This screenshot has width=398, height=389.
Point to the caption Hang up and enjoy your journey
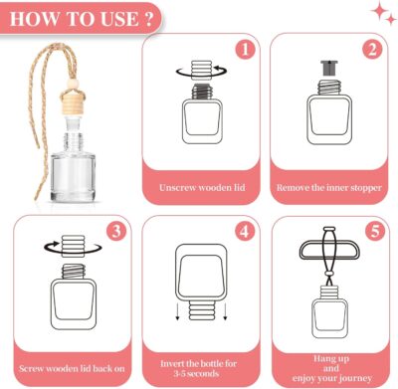[329, 366]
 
